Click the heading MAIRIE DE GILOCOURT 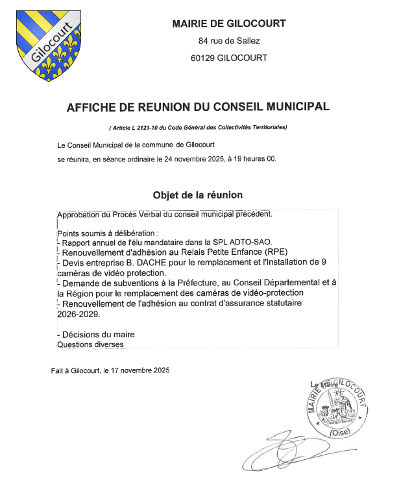(x=229, y=24)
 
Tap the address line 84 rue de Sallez (x=229, y=42)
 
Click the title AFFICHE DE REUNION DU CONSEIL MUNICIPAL (x=198, y=106)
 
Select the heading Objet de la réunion (x=198, y=195)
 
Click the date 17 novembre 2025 (x=136, y=370)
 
